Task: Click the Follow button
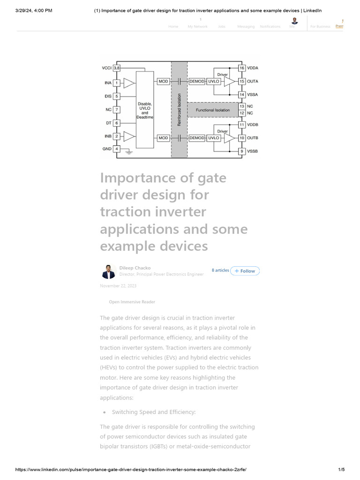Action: pos(245,271)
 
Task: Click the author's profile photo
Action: pos(108,271)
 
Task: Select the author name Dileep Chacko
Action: pos(135,268)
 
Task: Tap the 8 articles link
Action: pos(220,270)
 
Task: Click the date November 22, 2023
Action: pos(118,285)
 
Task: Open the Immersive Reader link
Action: pos(132,302)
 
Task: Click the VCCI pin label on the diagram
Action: pos(106,68)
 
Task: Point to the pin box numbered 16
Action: pos(242,68)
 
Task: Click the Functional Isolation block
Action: pos(213,110)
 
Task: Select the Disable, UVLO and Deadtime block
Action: pos(144,110)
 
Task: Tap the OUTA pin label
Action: pos(253,82)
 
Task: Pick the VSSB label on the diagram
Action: pos(253,151)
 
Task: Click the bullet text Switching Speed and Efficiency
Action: pos(153,412)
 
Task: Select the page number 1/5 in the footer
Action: pos(341,469)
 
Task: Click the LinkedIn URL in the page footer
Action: pos(131,469)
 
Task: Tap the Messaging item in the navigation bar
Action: pos(246,27)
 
